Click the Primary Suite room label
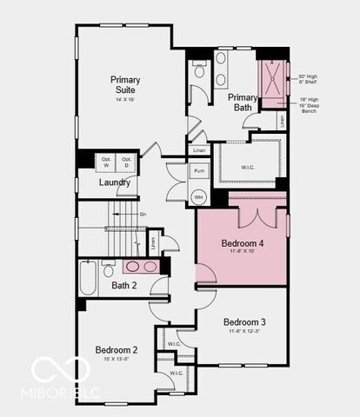tap(125, 85)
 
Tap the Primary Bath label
tap(243, 103)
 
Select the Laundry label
tap(115, 182)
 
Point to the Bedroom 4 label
tap(243, 243)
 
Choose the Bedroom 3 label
tap(244, 321)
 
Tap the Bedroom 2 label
tap(117, 350)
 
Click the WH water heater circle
tap(199, 197)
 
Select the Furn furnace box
tap(199, 172)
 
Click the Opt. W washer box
tap(106, 162)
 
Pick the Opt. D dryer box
tap(127, 162)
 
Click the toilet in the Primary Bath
tap(198, 69)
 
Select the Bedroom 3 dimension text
tap(244, 331)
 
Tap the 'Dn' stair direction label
tap(143, 214)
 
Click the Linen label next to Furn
tap(199, 150)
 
